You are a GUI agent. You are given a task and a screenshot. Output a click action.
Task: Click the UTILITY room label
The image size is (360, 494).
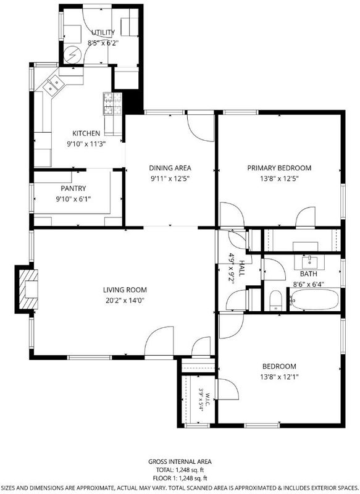[x=103, y=33]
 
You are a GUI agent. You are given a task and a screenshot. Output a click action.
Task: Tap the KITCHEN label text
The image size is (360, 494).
[x=86, y=133]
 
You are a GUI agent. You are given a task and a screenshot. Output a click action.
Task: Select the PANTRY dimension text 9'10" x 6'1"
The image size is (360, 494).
[x=73, y=199]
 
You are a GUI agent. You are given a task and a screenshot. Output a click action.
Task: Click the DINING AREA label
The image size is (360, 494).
[x=170, y=168]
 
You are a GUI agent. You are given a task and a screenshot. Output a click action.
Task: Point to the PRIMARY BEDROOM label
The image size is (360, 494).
[x=279, y=168]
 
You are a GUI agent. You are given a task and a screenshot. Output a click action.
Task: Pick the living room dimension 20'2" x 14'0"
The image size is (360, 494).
[x=125, y=300]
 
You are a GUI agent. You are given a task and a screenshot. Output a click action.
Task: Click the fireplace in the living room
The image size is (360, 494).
[x=27, y=289]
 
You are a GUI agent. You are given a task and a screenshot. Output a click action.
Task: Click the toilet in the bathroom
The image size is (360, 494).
[x=275, y=300]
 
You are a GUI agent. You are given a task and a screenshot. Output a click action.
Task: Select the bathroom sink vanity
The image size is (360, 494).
[x=309, y=262]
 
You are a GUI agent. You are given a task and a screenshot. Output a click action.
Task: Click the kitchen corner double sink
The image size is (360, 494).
[x=52, y=85]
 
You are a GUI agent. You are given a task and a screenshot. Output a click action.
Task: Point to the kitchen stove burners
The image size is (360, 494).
[x=112, y=103]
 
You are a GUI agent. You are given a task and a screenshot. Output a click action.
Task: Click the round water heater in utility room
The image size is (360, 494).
[x=73, y=55]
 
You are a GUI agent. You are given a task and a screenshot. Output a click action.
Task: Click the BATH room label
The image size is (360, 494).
[x=308, y=274]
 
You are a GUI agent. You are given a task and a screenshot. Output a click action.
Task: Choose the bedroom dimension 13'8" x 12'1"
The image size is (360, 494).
[x=279, y=377]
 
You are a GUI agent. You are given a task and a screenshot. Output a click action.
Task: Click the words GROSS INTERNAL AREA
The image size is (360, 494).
[x=180, y=461]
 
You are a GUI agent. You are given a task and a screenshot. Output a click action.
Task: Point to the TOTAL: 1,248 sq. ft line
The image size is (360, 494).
[x=180, y=470]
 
